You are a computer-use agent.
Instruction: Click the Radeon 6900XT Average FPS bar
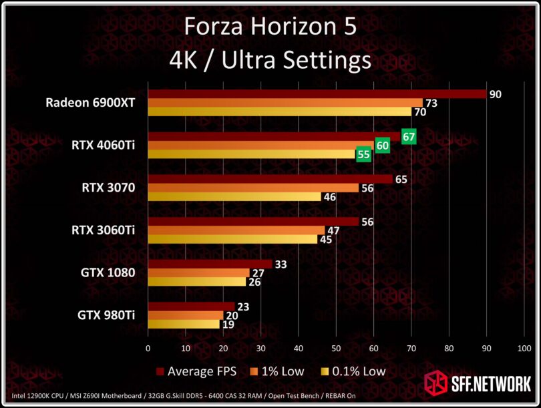coord(317,94)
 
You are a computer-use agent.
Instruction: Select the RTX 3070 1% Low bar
coord(252,188)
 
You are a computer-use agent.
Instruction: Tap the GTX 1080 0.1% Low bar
coord(196,281)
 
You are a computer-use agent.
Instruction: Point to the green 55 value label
coord(363,154)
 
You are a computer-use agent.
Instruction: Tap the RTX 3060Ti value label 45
coord(325,239)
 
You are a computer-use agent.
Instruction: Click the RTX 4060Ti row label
coord(104,145)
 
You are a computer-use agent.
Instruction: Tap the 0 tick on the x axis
coord(148,348)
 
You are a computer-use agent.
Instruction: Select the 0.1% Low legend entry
coord(354,371)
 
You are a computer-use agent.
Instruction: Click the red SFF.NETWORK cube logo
coord(436,384)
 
